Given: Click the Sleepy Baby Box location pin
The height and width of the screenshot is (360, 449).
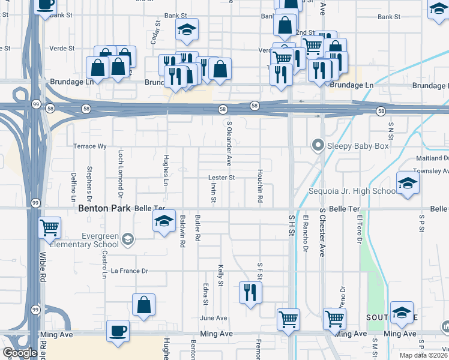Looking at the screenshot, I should coord(318,145).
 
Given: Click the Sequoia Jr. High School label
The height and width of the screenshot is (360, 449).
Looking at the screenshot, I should coord(351,191).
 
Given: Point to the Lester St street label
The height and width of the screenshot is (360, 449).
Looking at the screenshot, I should coord(221,178).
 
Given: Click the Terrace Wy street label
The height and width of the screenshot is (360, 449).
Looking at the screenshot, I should coord(89,146).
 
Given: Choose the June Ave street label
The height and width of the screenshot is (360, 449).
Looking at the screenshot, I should coord(214,318).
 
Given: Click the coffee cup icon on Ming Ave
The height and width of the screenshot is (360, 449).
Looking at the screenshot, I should coord(118,331).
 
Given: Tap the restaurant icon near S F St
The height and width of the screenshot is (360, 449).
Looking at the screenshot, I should coord(250,293).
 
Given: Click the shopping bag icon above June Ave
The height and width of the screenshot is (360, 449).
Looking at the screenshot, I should coord(144,305).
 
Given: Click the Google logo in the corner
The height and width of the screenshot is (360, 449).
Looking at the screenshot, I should coord(20,353).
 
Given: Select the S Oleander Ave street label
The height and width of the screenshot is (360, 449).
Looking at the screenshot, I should coord(229,143).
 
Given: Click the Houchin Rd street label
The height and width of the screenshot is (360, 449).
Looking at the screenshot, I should coord(261,185).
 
